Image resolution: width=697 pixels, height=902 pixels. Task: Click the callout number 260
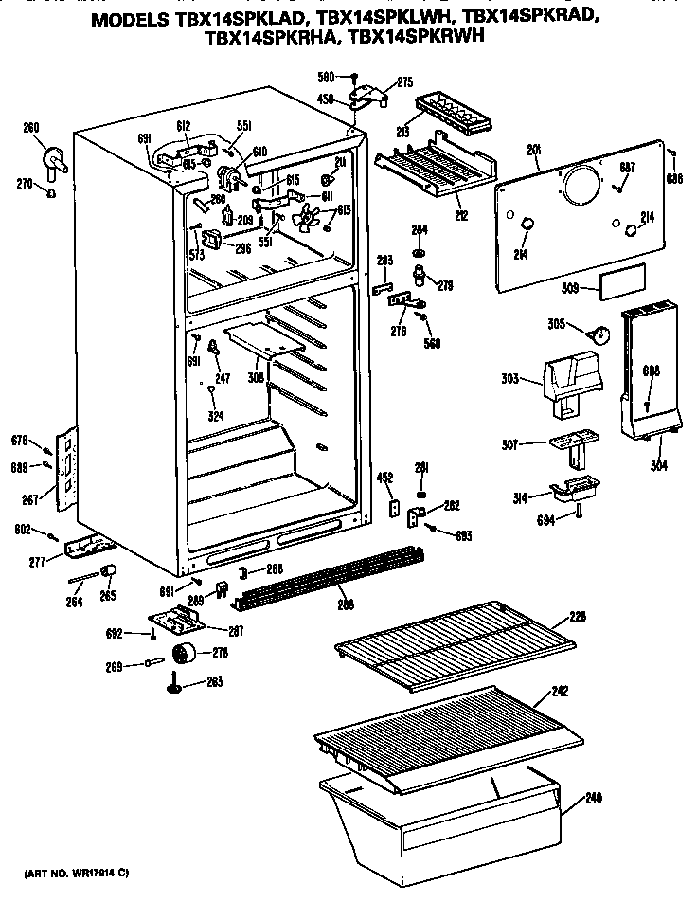(x=31, y=128)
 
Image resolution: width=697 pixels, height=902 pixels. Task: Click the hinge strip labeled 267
(x=66, y=463)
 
